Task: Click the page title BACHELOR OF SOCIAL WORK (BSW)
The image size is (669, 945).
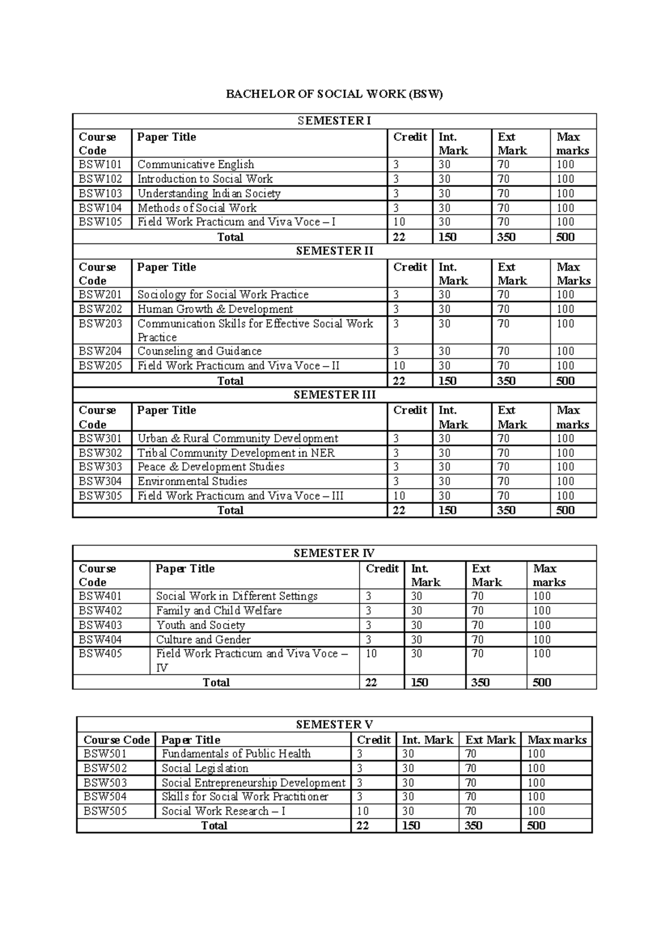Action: [334, 94]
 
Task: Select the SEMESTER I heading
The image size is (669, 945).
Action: [334, 121]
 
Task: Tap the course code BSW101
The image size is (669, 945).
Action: [100, 164]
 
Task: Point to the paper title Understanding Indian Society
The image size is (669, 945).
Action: [209, 193]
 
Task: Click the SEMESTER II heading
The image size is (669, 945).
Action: [334, 251]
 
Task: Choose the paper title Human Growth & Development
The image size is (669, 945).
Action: [215, 309]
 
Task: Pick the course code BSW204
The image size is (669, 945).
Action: [100, 351]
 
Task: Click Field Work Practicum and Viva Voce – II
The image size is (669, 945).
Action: [239, 366]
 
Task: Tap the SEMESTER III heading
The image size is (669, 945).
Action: [334, 395]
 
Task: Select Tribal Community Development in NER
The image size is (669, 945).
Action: [236, 453]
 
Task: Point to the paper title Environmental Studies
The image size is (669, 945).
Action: [192, 481]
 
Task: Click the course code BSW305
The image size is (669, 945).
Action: [100, 496]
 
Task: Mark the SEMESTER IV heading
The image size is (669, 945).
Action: [334, 553]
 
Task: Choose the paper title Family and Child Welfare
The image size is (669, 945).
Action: [219, 611]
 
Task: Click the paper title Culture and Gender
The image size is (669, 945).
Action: [203, 640]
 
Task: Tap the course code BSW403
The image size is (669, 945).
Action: [100, 625]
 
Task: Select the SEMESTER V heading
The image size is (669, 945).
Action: [334, 725]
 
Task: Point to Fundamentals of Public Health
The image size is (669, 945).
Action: [236, 754]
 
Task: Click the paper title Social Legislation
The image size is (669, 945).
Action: [205, 768]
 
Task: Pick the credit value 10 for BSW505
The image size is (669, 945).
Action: [363, 811]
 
